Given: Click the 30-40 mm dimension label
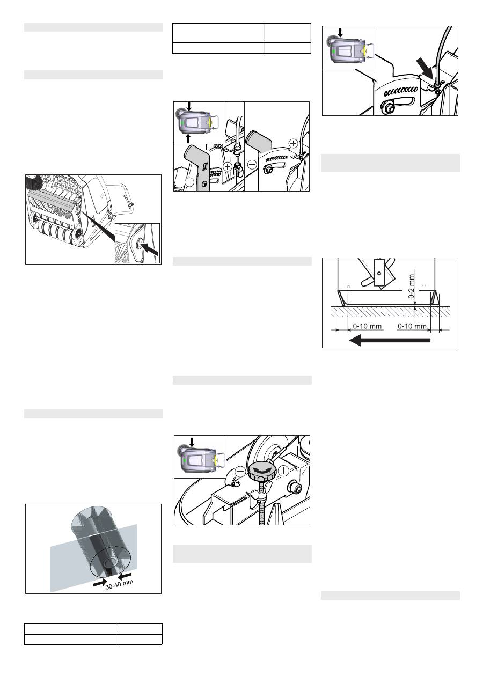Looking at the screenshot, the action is tap(119, 584).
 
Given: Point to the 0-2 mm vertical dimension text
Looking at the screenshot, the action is tap(411, 287).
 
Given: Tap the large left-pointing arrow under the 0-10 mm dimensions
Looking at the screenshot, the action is tap(390, 340).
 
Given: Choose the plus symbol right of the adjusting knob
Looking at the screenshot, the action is tap(283, 471).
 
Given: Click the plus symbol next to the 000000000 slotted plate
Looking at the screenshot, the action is tap(293, 143).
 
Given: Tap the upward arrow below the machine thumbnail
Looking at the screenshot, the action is tap(188, 138).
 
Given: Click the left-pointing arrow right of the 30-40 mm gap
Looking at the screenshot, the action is tap(125, 575).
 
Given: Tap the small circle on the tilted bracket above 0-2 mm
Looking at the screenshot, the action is tap(379, 273).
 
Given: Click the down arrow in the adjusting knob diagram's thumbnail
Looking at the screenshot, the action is tap(192, 442).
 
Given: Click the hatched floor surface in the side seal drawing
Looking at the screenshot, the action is tap(390, 311).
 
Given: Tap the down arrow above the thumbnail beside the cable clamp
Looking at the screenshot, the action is tap(341, 32).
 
